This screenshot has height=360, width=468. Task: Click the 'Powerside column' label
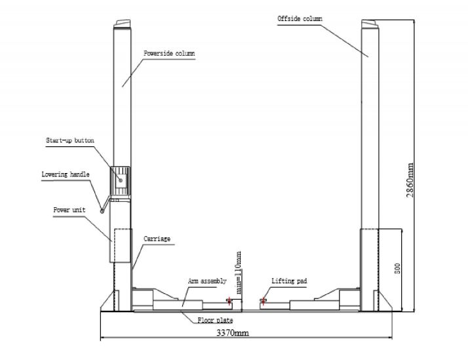pyautogui.click(x=169, y=53)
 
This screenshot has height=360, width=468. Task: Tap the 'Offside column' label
pyautogui.click(x=300, y=18)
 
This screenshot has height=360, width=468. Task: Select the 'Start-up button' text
pyautogui.click(x=70, y=140)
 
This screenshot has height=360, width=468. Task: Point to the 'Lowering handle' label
pyautogui.click(x=66, y=174)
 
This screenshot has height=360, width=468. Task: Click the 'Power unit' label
pyautogui.click(x=69, y=210)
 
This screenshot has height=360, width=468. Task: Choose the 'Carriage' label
pyautogui.click(x=157, y=239)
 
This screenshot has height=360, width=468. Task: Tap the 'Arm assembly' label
pyautogui.click(x=207, y=281)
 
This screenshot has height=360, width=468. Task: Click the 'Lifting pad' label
pyautogui.click(x=289, y=281)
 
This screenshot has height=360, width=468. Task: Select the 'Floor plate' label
pyautogui.click(x=215, y=320)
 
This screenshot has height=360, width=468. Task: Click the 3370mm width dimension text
pyautogui.click(x=233, y=332)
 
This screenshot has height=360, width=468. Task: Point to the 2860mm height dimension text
pyautogui.click(x=410, y=180)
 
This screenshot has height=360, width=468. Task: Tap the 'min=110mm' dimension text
pyautogui.click(x=239, y=273)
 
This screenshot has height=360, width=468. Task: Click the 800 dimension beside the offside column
pyautogui.click(x=397, y=269)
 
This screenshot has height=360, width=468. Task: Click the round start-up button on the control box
pyautogui.click(x=121, y=180)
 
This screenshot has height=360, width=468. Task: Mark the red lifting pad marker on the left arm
pyautogui.click(x=229, y=300)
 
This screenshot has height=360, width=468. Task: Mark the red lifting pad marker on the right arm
pyautogui.click(x=263, y=300)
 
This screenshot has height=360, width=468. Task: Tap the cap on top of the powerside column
pyautogui.click(x=123, y=24)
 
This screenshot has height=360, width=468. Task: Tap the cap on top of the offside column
pyautogui.click(x=370, y=24)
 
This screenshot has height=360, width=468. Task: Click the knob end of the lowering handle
pyautogui.click(x=102, y=211)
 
